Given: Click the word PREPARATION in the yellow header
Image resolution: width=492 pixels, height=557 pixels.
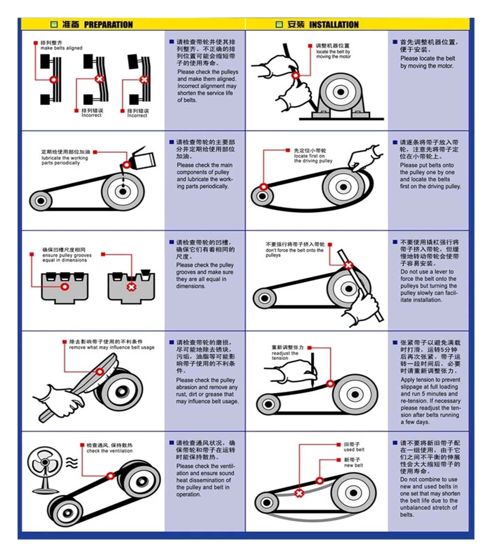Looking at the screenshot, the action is pyautogui.click(x=108, y=25).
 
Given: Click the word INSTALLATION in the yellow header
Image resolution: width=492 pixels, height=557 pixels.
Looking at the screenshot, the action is pyautogui.click(x=334, y=25).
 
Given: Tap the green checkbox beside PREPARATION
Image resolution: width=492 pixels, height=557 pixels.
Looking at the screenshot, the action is pyautogui.click(x=54, y=24).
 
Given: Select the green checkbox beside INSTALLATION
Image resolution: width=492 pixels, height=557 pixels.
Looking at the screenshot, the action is pyautogui.click(x=279, y=24).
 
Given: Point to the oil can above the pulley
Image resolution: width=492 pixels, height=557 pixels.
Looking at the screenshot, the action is pyautogui.click(x=141, y=158).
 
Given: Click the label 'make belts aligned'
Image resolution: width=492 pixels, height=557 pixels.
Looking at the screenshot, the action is pyautogui.click(x=62, y=48).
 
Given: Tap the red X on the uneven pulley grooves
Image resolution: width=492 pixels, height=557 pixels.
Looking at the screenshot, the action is pyautogui.click(x=131, y=287).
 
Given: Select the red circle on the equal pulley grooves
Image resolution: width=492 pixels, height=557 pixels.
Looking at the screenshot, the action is pyautogui.click(x=65, y=287).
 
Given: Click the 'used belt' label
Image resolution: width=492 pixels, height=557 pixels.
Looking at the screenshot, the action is pyautogui.click(x=354, y=449).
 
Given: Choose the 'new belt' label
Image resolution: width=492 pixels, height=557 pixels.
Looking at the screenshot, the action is pyautogui.click(x=354, y=465).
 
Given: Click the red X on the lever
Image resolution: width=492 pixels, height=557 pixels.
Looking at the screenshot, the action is pyautogui.click(x=348, y=265).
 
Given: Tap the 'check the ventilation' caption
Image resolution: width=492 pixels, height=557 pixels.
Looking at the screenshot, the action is pyautogui.click(x=110, y=451).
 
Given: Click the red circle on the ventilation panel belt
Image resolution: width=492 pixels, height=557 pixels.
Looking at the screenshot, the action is pyautogui.click(x=111, y=476).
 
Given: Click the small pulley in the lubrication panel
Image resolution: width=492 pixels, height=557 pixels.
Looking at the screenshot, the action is pyautogui.click(x=41, y=201).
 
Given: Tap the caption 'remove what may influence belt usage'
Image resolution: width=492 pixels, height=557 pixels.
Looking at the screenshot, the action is pyautogui.click(x=112, y=347).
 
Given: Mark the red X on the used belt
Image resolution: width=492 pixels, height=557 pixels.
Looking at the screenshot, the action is pyautogui.click(x=299, y=493).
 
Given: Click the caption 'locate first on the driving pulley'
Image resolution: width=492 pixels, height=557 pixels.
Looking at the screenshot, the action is pyautogui.click(x=313, y=158).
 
